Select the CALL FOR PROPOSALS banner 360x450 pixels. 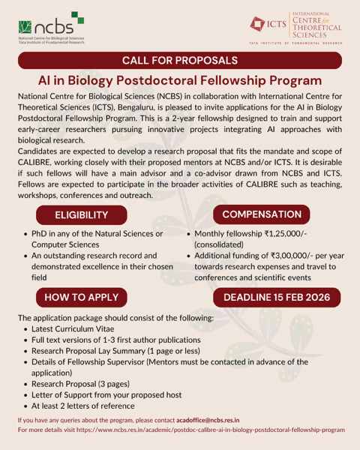click(x=180, y=59)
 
